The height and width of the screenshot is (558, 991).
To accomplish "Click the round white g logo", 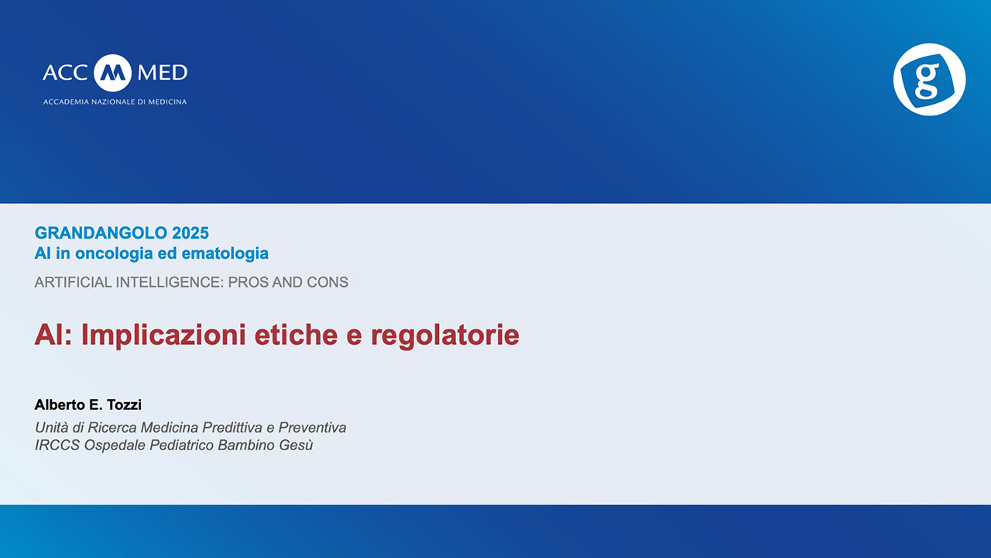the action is point(929,79).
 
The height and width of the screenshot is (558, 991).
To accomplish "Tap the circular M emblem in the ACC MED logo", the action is point(112,73).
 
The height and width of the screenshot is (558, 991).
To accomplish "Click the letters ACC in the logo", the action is point(65,73).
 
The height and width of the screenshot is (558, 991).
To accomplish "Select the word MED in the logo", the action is point(163,73).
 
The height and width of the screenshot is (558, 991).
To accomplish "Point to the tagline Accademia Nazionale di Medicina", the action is point(115,102).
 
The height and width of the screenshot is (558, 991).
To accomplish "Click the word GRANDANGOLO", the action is point(101,233).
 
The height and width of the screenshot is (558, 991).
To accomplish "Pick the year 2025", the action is point(190,233).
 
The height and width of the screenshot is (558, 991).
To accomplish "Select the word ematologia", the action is point(225,253).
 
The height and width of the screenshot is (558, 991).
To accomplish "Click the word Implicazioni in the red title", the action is point(163,335).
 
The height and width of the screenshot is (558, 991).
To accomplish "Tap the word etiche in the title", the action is point(296,335).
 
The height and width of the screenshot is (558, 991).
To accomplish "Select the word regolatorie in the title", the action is point(445,335).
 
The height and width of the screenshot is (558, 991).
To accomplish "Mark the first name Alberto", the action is point(60,405).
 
